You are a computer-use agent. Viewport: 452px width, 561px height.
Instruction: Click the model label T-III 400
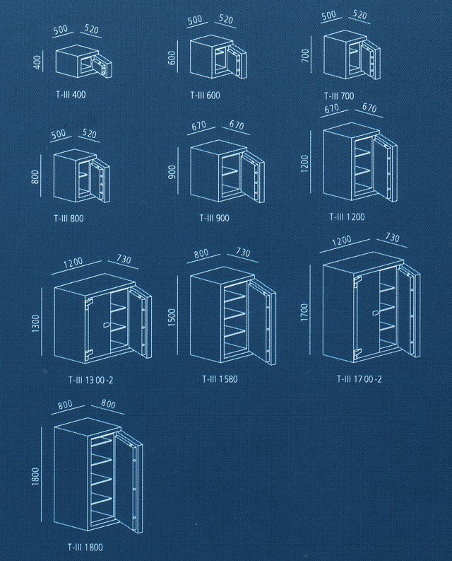point(71,95)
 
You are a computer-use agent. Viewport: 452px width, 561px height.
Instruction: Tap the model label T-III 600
point(205,96)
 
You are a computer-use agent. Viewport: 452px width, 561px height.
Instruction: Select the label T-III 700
point(339,96)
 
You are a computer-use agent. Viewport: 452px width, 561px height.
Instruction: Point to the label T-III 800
point(69,219)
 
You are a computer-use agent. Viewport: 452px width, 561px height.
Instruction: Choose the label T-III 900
point(215,217)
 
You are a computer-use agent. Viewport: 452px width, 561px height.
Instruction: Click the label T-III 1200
point(347,216)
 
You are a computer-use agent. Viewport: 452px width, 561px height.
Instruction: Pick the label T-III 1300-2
point(91,380)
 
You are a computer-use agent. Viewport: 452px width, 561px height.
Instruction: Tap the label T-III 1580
point(220,379)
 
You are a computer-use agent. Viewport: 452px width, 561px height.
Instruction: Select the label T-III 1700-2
point(359,379)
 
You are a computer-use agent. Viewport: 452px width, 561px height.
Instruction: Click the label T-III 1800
point(85,547)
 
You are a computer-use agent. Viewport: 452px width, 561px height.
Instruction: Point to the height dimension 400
point(38,62)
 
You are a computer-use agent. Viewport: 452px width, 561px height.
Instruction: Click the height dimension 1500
point(172,318)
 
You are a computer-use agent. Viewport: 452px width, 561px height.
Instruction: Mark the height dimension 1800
point(36,476)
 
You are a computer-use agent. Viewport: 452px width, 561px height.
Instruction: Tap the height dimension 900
point(172,173)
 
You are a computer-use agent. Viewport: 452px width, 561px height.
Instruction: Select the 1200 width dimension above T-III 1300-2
point(73,263)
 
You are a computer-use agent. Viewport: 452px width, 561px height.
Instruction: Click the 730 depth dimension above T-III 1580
point(243,253)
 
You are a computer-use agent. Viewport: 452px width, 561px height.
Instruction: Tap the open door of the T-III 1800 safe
point(129,481)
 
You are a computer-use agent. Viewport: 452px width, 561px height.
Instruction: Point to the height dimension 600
point(172,58)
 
